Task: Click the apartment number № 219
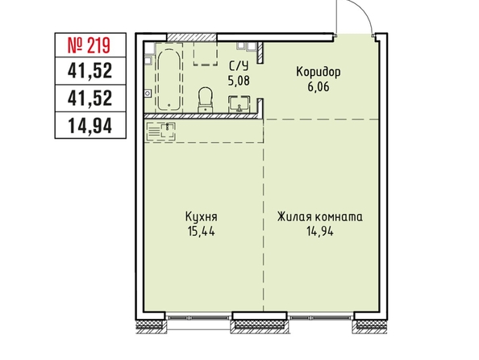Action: tap(89, 45)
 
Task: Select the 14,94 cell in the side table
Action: tap(90, 126)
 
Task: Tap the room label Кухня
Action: tap(202, 217)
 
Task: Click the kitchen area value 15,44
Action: tap(202, 231)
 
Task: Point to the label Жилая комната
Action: tap(320, 217)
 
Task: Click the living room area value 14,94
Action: tap(320, 231)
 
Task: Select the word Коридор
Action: tap(319, 73)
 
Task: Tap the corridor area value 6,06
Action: tap(319, 87)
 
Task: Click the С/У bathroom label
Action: tap(239, 66)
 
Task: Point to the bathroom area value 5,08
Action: tap(239, 81)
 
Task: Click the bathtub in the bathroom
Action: tap(169, 80)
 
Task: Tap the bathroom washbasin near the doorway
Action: tap(240, 104)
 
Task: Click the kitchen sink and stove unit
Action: tap(161, 131)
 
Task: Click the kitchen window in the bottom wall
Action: tap(198, 317)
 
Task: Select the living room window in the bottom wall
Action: tap(321, 317)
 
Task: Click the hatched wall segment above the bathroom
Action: tap(192, 37)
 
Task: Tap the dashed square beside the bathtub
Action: tap(206, 53)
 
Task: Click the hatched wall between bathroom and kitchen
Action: tap(202, 116)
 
